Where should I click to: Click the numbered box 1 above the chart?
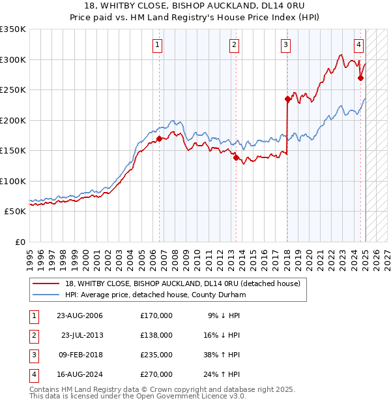point(158,45)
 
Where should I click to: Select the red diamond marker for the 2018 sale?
point(287,99)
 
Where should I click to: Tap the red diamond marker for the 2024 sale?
point(360,78)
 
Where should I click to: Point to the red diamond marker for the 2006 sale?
point(159,138)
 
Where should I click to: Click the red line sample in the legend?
point(46,284)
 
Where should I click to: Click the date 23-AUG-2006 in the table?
point(80,316)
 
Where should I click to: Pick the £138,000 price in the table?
point(156,335)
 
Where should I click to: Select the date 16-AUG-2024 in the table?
point(80,374)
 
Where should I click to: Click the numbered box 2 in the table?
point(33,335)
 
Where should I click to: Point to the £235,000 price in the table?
point(156,355)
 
